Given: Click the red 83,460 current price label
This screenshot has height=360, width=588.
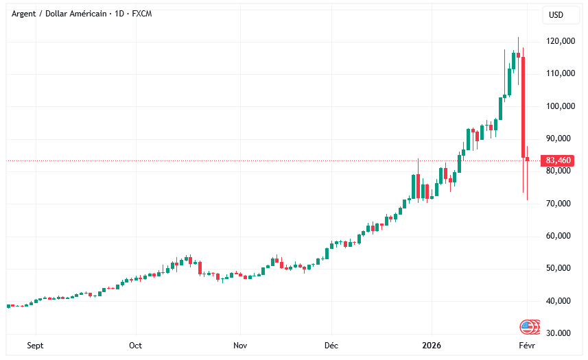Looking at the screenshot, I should coord(557,160).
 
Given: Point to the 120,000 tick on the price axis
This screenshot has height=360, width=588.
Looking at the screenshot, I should coord(560,41).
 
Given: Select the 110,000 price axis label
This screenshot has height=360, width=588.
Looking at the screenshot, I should coord(560,73).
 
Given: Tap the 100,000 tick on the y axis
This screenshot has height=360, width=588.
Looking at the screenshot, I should coord(560,106).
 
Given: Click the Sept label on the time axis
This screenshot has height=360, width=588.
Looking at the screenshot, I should coord(35,346).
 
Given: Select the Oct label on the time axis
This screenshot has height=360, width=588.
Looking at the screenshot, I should coord(135,346).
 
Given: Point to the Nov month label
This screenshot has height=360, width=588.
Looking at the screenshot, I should coord(239,346).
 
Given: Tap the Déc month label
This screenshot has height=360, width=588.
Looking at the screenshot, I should coord(331,346).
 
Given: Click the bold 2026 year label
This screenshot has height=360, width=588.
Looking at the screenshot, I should coord(432,346).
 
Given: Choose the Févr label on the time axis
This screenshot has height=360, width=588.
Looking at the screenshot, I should coord(526,346).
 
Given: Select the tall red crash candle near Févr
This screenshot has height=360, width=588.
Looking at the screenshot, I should coord(524,107).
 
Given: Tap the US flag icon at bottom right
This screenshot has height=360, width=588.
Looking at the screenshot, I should coord(528,327).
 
